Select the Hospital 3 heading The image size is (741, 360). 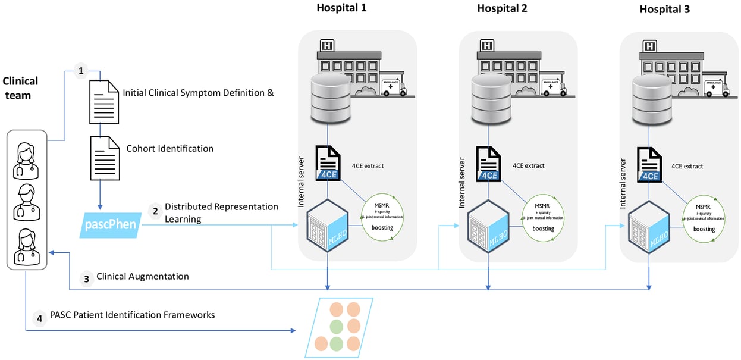(665, 9)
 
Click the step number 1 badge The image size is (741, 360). (81, 71)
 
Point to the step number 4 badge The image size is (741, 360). (39, 319)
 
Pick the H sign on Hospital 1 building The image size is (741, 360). (326, 45)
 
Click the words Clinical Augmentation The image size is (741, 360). (143, 276)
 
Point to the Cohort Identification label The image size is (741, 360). (170, 148)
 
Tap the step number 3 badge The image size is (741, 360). (87, 277)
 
